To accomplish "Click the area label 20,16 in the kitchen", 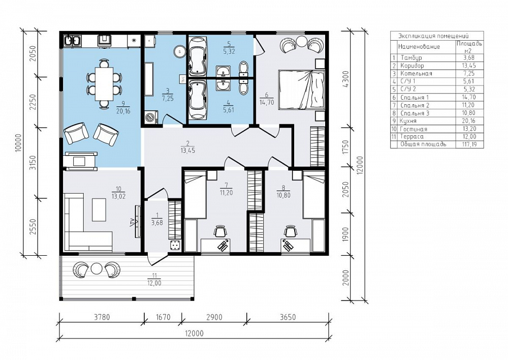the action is click(123, 111).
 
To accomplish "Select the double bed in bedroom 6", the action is click(301, 90).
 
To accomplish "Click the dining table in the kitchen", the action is click(104, 84).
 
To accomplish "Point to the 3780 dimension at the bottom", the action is click(102, 317).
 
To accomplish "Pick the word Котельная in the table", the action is click(416, 74).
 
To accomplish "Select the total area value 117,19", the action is click(469, 144).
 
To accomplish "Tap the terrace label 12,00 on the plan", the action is click(154, 283).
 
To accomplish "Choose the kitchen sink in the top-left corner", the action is click(73, 41).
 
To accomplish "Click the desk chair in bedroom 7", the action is click(220, 231).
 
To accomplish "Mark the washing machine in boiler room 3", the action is click(150, 117).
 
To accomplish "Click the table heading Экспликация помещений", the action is click(433, 36).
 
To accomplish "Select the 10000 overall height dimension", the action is click(18, 143).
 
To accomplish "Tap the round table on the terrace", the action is click(97, 269).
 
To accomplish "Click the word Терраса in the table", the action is click(412, 137).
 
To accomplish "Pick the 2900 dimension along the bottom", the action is click(214, 317).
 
